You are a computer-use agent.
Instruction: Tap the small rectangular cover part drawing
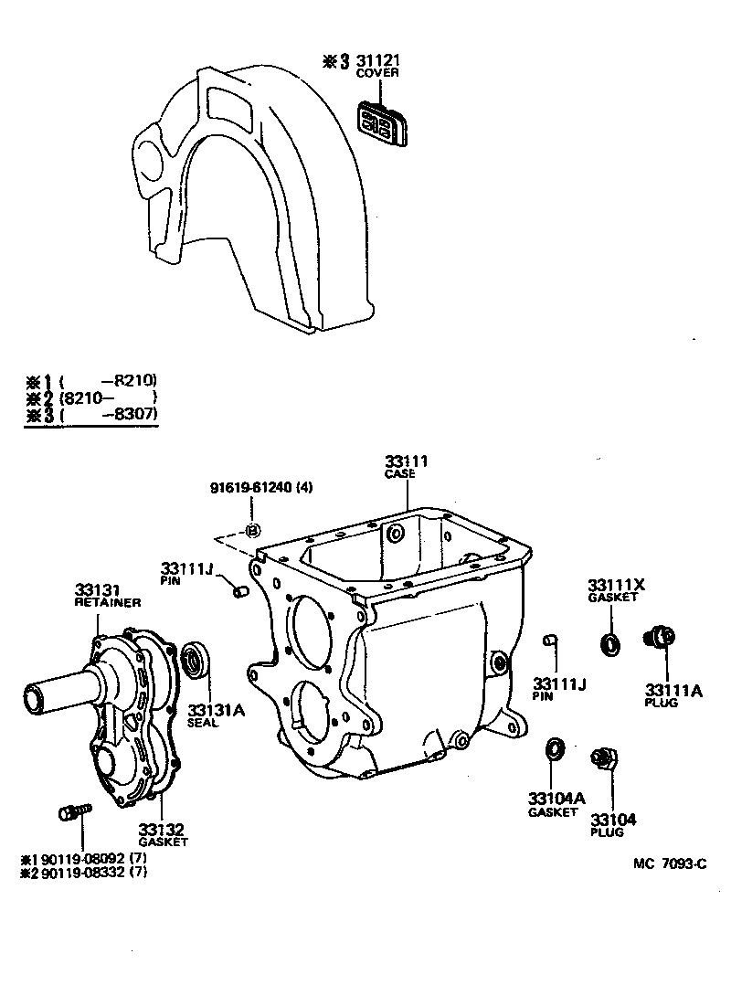pyautogui.click(x=381, y=122)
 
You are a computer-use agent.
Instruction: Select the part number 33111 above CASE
pyautogui.click(x=406, y=462)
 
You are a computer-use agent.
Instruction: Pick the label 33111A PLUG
pyautogui.click(x=673, y=695)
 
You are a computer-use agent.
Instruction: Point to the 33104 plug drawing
pyautogui.click(x=603, y=758)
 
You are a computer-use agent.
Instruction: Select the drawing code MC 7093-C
pyautogui.click(x=670, y=863)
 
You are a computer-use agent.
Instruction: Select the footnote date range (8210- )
pyautogui.click(x=108, y=397)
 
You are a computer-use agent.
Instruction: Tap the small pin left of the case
pyautogui.click(x=241, y=593)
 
